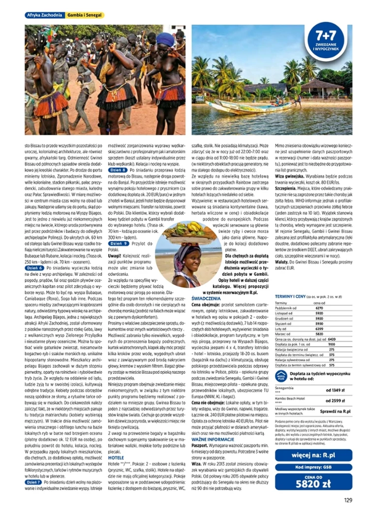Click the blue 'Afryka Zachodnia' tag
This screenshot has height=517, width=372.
44,15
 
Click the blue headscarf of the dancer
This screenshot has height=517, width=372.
165,39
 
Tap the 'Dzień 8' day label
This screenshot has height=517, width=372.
118,170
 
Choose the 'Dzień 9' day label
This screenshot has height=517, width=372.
118,243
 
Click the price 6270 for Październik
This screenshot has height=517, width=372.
319,308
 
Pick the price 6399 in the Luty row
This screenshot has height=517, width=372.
319,328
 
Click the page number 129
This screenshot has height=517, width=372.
348,501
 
